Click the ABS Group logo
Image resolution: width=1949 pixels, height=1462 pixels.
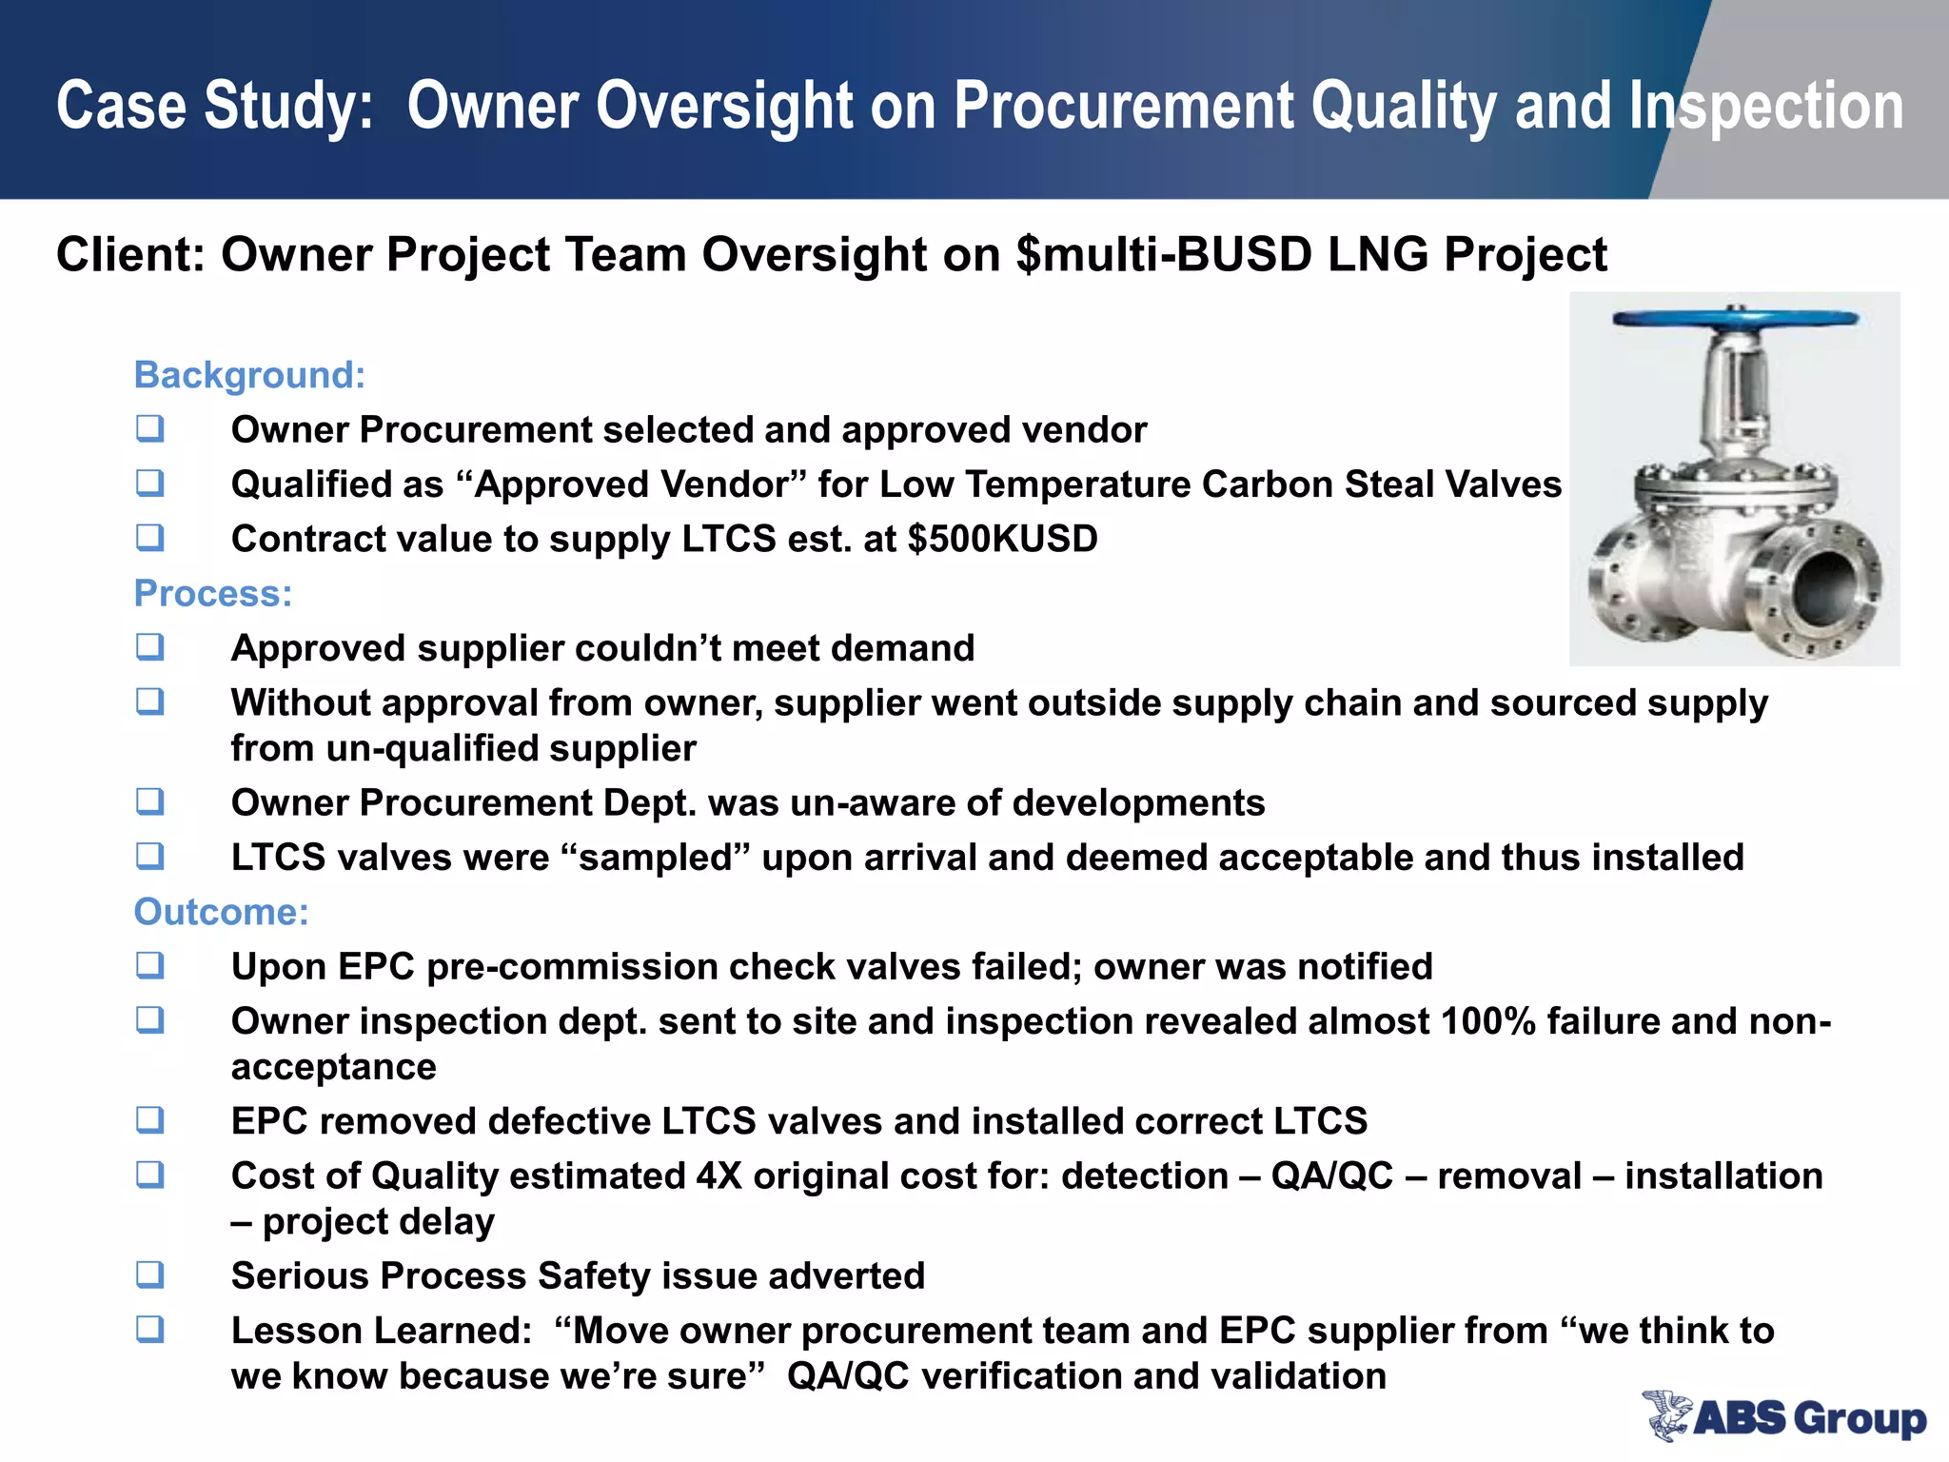1783,1415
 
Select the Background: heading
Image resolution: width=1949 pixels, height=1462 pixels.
249,375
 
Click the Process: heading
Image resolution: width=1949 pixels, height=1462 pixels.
213,593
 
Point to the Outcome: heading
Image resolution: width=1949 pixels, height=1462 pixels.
221,912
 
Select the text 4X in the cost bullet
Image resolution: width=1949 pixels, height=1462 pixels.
719,1176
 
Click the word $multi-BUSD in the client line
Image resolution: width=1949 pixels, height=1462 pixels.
1164,255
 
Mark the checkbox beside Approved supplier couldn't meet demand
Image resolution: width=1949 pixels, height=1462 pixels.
149,647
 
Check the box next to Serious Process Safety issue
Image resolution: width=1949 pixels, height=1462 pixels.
149,1274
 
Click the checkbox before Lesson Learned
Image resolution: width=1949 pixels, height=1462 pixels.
149,1329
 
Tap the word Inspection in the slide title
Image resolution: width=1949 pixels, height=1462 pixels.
1765,106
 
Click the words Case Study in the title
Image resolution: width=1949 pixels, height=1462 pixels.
215,106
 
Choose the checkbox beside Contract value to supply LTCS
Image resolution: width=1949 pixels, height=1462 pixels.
149,538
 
